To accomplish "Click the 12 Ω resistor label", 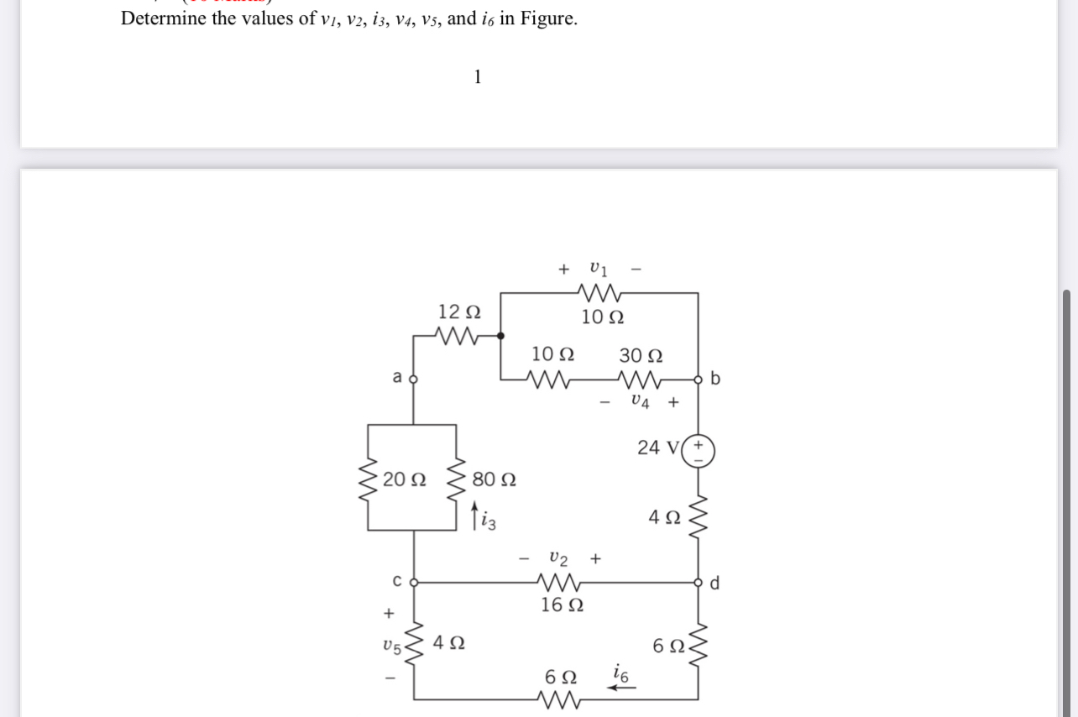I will click(x=459, y=311).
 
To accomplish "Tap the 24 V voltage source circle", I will click(x=699, y=451).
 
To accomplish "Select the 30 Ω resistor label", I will click(x=641, y=355).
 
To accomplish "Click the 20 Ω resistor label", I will click(x=404, y=480).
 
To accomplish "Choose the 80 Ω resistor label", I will click(x=494, y=480).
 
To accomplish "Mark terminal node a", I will click(x=412, y=379).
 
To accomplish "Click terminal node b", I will click(x=699, y=379).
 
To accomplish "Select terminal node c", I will click(x=412, y=581).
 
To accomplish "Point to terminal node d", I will click(x=699, y=581).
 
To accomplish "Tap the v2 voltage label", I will click(x=558, y=557).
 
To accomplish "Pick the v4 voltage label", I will click(x=640, y=401).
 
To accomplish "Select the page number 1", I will click(x=478, y=77).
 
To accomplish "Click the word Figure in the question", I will click(x=548, y=18).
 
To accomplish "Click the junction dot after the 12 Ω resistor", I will click(x=501, y=336).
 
